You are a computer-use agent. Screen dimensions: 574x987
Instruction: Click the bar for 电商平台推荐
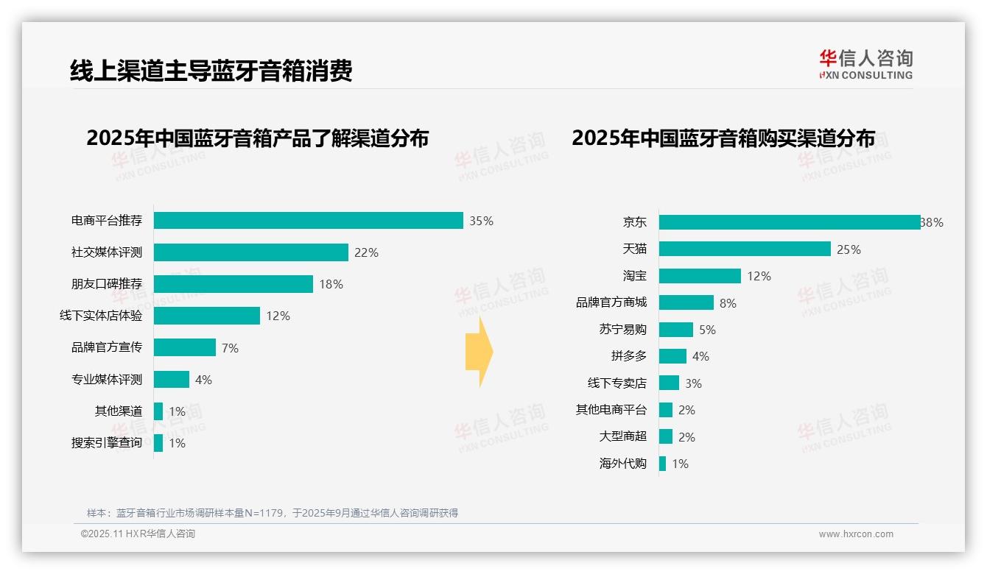point(308,221)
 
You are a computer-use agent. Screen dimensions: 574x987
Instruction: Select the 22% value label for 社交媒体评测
point(366,252)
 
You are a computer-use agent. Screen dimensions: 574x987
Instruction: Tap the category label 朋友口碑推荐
point(107,284)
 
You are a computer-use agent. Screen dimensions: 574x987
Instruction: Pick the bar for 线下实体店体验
point(207,316)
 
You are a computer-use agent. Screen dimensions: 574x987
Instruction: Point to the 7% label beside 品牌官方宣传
point(230,348)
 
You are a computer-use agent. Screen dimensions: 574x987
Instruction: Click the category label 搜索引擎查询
point(107,443)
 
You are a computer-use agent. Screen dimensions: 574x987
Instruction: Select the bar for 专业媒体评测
point(172,380)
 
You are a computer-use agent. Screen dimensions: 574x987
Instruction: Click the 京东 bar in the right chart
point(789,222)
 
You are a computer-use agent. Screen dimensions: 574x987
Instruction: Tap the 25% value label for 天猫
point(849,249)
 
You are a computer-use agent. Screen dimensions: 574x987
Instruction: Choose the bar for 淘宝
point(700,276)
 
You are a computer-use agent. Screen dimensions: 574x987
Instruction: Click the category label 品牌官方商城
point(611,302)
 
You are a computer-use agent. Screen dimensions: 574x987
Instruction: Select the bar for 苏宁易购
point(676,330)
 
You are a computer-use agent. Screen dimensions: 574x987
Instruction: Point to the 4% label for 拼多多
point(700,356)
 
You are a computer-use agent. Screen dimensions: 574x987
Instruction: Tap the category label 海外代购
point(623,464)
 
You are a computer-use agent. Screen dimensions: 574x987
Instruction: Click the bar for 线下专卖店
point(669,383)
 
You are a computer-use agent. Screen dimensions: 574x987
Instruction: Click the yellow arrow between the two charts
point(480,352)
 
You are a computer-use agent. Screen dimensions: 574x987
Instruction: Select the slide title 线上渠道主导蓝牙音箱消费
point(211,71)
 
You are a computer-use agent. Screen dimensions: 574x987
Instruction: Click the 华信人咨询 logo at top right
point(865,65)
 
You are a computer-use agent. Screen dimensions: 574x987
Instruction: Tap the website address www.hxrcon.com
point(856,534)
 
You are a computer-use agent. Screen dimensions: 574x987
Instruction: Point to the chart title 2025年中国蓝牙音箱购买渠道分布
point(723,138)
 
